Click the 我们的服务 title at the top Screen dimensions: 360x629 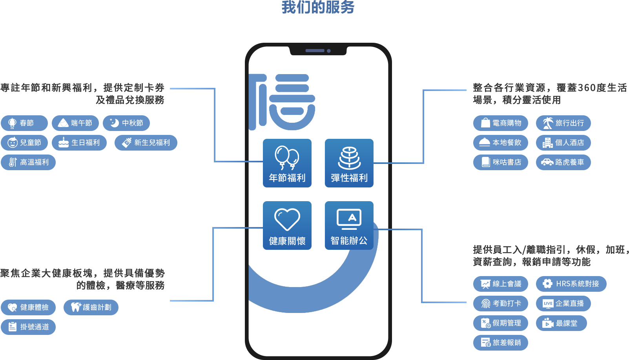coord(318,7)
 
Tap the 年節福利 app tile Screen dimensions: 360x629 coord(287,163)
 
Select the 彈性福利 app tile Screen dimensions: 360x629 coord(349,163)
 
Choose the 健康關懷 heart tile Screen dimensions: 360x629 coord(287,225)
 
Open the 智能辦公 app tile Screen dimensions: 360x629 coord(349,225)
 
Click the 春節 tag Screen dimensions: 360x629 coord(24,123)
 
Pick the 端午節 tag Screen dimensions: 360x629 coord(75,123)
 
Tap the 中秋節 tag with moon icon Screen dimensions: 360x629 coord(126,123)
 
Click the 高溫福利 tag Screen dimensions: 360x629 coord(28,162)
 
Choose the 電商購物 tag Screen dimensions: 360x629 coord(500,123)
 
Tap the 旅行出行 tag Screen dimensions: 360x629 coord(563,123)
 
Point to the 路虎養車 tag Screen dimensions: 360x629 coord(563,162)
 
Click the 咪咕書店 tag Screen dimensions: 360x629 coord(500,162)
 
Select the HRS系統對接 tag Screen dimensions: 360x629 coord(571,284)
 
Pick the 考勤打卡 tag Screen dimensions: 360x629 coord(500,304)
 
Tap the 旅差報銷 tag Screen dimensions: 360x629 coord(500,343)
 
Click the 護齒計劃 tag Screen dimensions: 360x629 coord(91,307)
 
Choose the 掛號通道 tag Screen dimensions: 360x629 coord(28,327)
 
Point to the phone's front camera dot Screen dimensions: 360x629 coord(329,51)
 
